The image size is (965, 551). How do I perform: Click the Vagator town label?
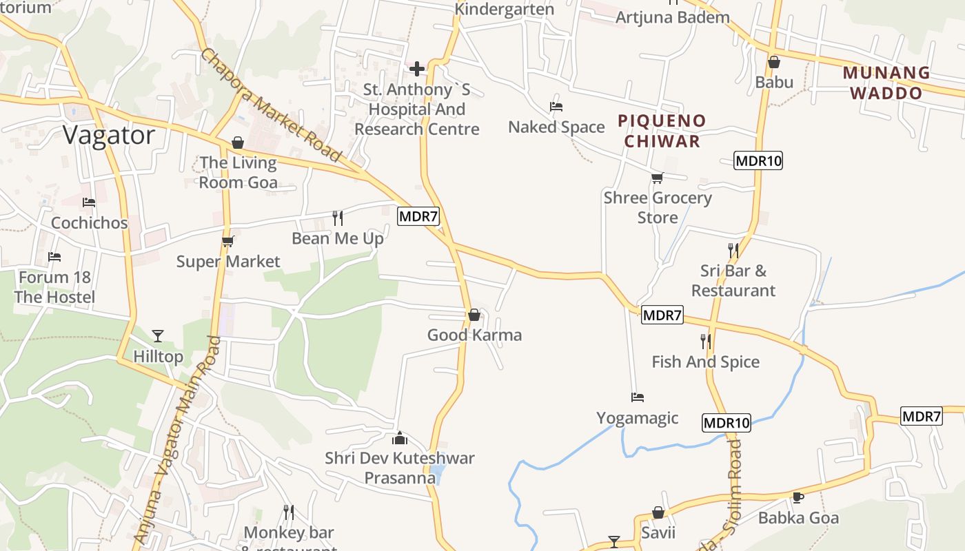pos(109,135)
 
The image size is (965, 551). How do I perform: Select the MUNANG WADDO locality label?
pos(886,83)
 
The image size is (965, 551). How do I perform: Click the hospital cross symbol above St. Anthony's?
pos(417,69)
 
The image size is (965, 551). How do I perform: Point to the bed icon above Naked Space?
pos(556,107)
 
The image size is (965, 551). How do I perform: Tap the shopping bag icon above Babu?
pos(774,62)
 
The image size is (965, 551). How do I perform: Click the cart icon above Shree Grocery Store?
pos(657,178)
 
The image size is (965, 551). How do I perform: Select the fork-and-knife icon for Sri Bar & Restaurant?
pos(733,250)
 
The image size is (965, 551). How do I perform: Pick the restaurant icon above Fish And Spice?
pos(705,341)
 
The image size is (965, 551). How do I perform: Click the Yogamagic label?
pos(638,418)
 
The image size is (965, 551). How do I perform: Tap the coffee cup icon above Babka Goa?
pos(798,497)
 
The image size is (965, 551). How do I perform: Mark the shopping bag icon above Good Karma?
pos(474,315)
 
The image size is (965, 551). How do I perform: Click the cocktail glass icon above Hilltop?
pos(158,336)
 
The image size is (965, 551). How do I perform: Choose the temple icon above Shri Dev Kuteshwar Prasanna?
pos(400,438)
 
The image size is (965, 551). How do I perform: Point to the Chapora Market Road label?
pos(271,104)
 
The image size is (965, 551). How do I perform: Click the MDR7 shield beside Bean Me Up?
pos(418,216)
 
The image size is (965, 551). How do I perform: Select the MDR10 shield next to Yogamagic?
pos(727,423)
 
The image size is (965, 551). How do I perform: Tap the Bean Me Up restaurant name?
pos(338,238)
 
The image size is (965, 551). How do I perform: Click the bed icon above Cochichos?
pos(89,202)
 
